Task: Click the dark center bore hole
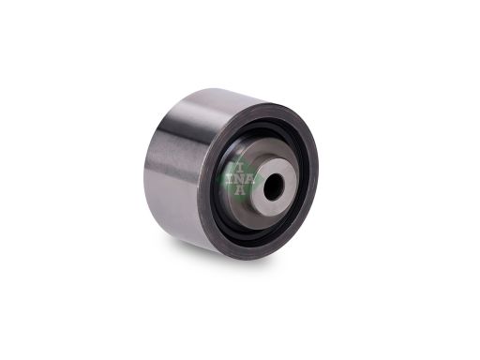click(x=274, y=187)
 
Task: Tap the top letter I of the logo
click(x=240, y=168)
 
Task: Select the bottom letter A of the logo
click(x=239, y=189)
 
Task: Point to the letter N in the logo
click(x=240, y=179)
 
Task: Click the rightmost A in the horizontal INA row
click(x=249, y=179)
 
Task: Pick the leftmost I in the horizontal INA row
click(x=231, y=179)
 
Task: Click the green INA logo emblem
click(x=236, y=179)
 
